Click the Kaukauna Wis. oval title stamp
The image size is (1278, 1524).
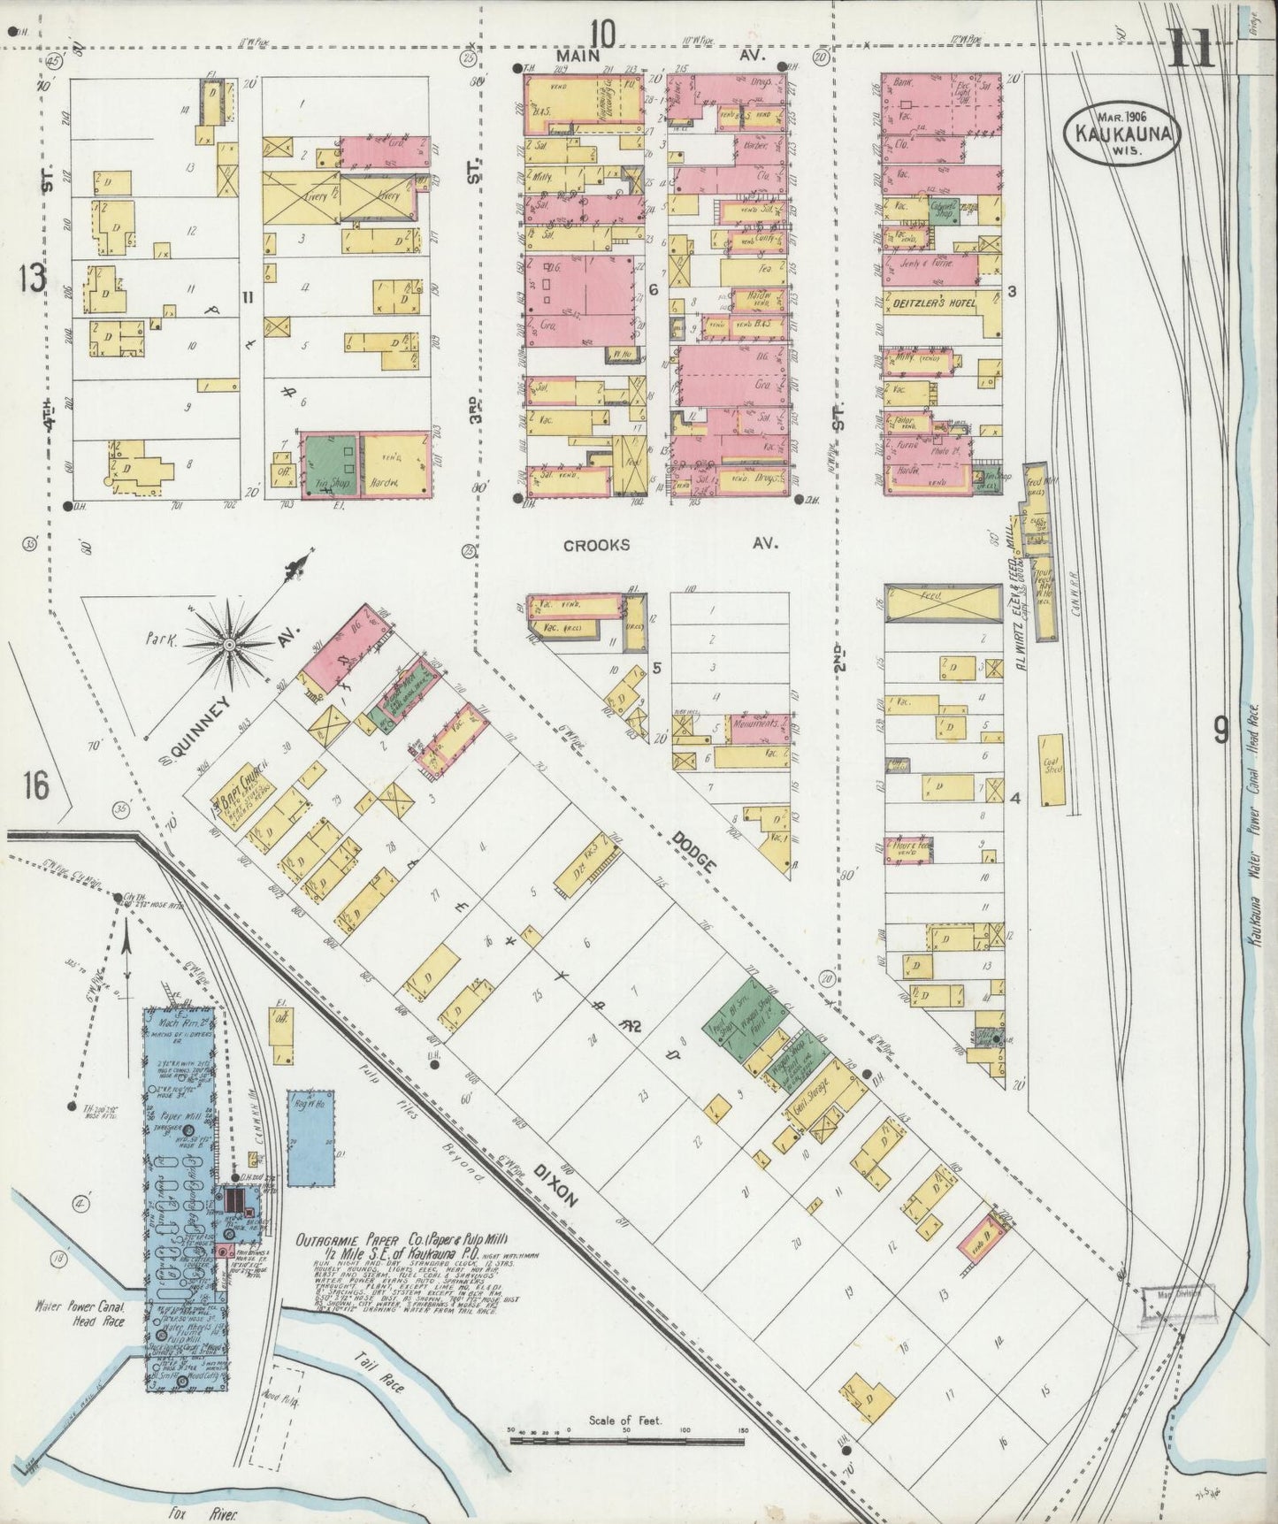point(1121,134)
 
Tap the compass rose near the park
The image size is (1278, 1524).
point(231,643)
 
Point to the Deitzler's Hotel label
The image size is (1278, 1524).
point(930,303)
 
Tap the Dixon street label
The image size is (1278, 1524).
point(556,1185)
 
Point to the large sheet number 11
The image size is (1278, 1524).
point(1195,49)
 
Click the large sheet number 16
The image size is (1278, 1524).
point(37,785)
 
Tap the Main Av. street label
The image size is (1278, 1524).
point(672,56)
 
